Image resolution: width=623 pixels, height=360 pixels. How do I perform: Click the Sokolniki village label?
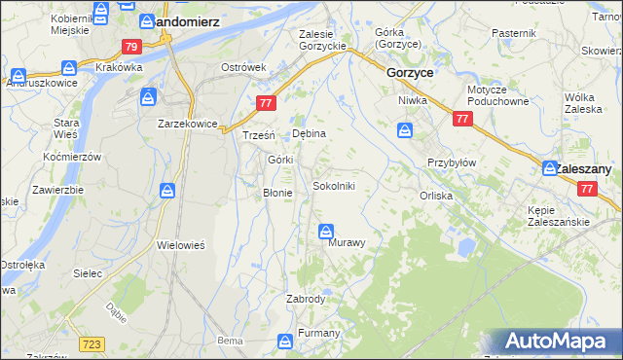[x=340, y=186]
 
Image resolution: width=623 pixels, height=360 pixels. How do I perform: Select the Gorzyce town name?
[x=410, y=73]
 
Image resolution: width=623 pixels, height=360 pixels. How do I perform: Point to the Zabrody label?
[x=305, y=299]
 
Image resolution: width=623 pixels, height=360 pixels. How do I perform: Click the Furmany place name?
[x=318, y=334]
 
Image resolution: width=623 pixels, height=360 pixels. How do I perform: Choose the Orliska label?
[x=436, y=195]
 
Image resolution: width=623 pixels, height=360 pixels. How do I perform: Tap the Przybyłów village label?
[x=451, y=162]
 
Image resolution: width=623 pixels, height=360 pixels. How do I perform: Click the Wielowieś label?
[x=180, y=245]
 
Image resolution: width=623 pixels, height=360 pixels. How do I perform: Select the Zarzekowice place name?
[x=187, y=124]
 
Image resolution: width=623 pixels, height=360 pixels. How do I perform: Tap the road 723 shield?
[x=92, y=344]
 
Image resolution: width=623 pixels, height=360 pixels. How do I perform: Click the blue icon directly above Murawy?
[x=326, y=232]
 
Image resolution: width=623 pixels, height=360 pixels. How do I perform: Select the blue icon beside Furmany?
[x=285, y=341]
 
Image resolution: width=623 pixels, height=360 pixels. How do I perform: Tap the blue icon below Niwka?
[x=404, y=130]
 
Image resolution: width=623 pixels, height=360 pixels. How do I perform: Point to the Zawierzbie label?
[x=55, y=191]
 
